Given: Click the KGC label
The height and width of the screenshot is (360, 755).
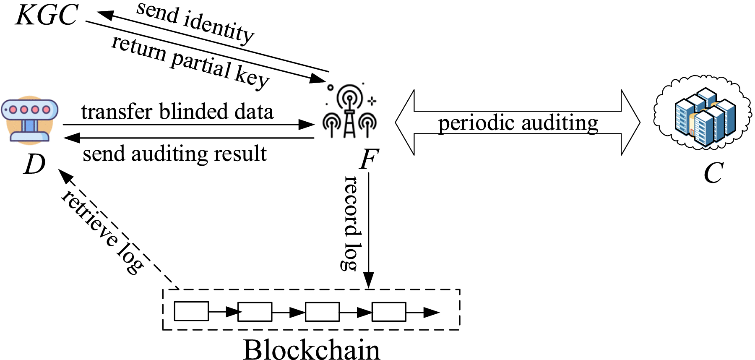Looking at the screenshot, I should (x=47, y=16).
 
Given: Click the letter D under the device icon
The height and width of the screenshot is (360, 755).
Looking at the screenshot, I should (x=34, y=164).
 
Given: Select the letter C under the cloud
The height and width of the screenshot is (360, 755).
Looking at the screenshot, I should (x=713, y=173).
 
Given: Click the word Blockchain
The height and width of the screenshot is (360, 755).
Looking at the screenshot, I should (x=312, y=350).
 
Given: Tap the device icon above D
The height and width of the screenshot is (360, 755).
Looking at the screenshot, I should (x=29, y=120).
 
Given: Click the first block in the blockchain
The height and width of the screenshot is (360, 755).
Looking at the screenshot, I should (x=191, y=311).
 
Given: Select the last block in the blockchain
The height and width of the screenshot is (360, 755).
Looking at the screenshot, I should (x=389, y=311).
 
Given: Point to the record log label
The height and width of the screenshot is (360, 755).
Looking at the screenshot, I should (x=351, y=222).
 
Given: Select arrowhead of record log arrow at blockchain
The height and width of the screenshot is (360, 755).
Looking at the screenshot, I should (x=368, y=280).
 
